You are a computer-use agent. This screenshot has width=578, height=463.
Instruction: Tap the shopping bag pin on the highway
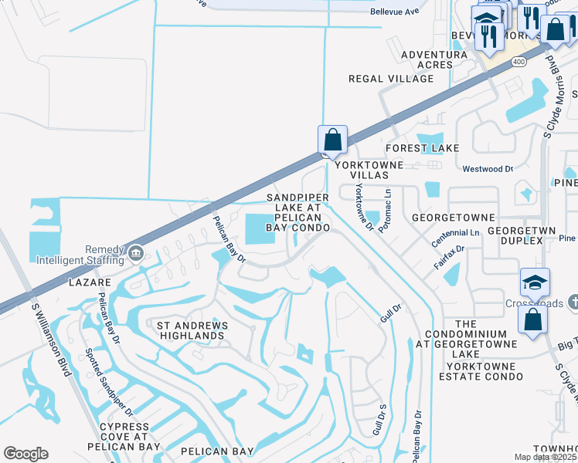tap(332, 140)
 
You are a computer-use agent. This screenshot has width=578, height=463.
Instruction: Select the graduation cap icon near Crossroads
tap(535, 282)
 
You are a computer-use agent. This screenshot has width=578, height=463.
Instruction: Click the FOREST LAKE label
tap(423, 147)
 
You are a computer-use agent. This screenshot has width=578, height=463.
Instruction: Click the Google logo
tap(25, 454)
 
